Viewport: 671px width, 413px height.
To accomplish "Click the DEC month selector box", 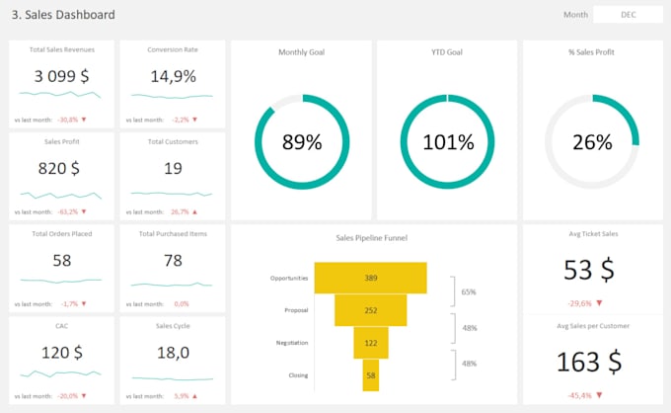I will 627,15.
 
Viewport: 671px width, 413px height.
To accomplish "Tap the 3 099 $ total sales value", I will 61,76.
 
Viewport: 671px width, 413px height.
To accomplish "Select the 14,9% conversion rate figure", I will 173,76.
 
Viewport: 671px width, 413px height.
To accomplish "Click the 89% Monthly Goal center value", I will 302,141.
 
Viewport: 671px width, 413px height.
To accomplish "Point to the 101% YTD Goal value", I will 448,141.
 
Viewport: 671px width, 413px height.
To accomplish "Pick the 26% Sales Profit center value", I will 592,141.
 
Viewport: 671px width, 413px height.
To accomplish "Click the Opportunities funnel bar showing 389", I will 370,278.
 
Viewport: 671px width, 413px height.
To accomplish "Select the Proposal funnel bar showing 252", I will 370,310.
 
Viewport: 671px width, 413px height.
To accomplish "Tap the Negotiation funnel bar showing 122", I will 370,343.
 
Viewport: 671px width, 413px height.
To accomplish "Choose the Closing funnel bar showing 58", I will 370,375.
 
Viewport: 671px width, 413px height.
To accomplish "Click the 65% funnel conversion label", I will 470,292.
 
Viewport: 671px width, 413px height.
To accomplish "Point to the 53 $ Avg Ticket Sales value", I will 591,270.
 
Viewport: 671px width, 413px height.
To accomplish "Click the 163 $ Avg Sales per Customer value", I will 591,362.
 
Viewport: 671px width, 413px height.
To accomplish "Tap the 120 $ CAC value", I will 61,352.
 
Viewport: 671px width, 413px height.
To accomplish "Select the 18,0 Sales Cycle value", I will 173,352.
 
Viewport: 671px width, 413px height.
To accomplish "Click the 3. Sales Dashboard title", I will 63,15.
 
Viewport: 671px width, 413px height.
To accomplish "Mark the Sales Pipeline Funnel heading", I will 371,238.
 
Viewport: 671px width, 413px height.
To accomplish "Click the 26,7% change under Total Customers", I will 180,211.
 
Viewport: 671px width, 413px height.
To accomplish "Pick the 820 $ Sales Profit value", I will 61,168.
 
